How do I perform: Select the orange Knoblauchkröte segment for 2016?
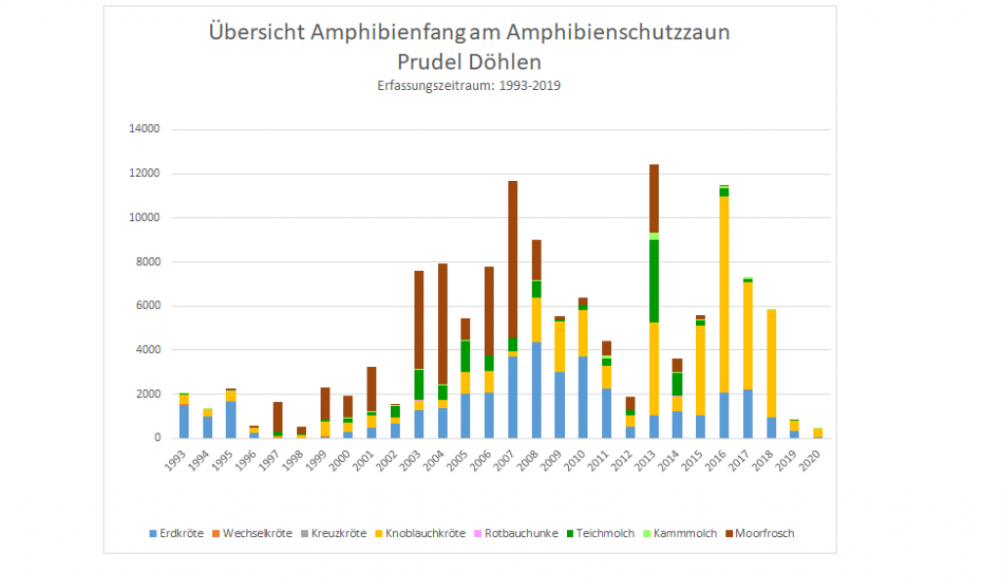[x=724, y=293]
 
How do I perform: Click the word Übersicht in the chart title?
[x=256, y=33]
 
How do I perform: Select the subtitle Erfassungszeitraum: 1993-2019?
[x=468, y=86]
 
